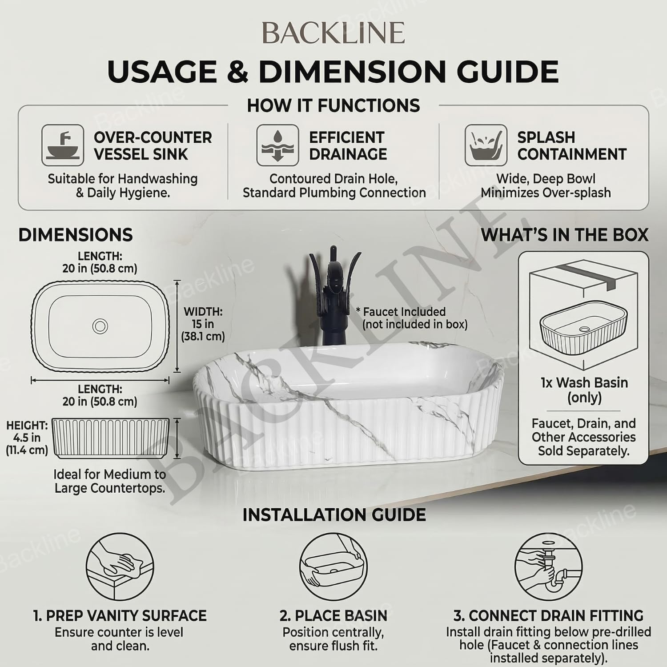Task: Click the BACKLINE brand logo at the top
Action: [333, 33]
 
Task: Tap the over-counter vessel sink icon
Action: [63, 145]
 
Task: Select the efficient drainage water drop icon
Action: [277, 145]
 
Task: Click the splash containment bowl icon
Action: [486, 145]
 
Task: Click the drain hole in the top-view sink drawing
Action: [100, 326]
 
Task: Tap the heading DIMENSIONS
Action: [76, 235]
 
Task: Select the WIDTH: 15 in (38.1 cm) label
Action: [203, 324]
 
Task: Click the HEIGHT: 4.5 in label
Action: [27, 438]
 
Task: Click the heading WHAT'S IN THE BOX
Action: [565, 235]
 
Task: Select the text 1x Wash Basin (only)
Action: [584, 390]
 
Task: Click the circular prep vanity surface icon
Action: [120, 567]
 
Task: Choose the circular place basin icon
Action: [333, 567]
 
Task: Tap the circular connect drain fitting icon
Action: [549, 567]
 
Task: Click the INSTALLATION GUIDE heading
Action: [334, 515]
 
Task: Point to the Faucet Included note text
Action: [412, 318]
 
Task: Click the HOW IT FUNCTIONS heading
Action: [333, 106]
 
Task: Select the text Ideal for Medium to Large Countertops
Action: [110, 481]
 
